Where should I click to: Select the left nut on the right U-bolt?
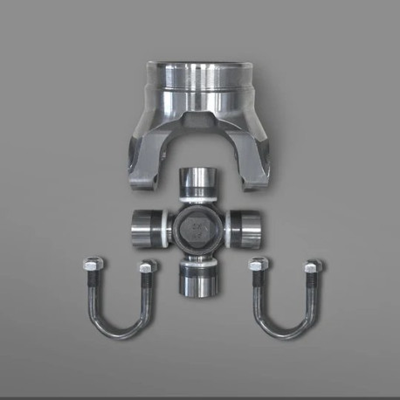pyautogui.click(x=256, y=266)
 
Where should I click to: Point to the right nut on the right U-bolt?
pyautogui.click(x=311, y=266)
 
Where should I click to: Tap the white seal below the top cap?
pyautogui.click(x=199, y=203)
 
